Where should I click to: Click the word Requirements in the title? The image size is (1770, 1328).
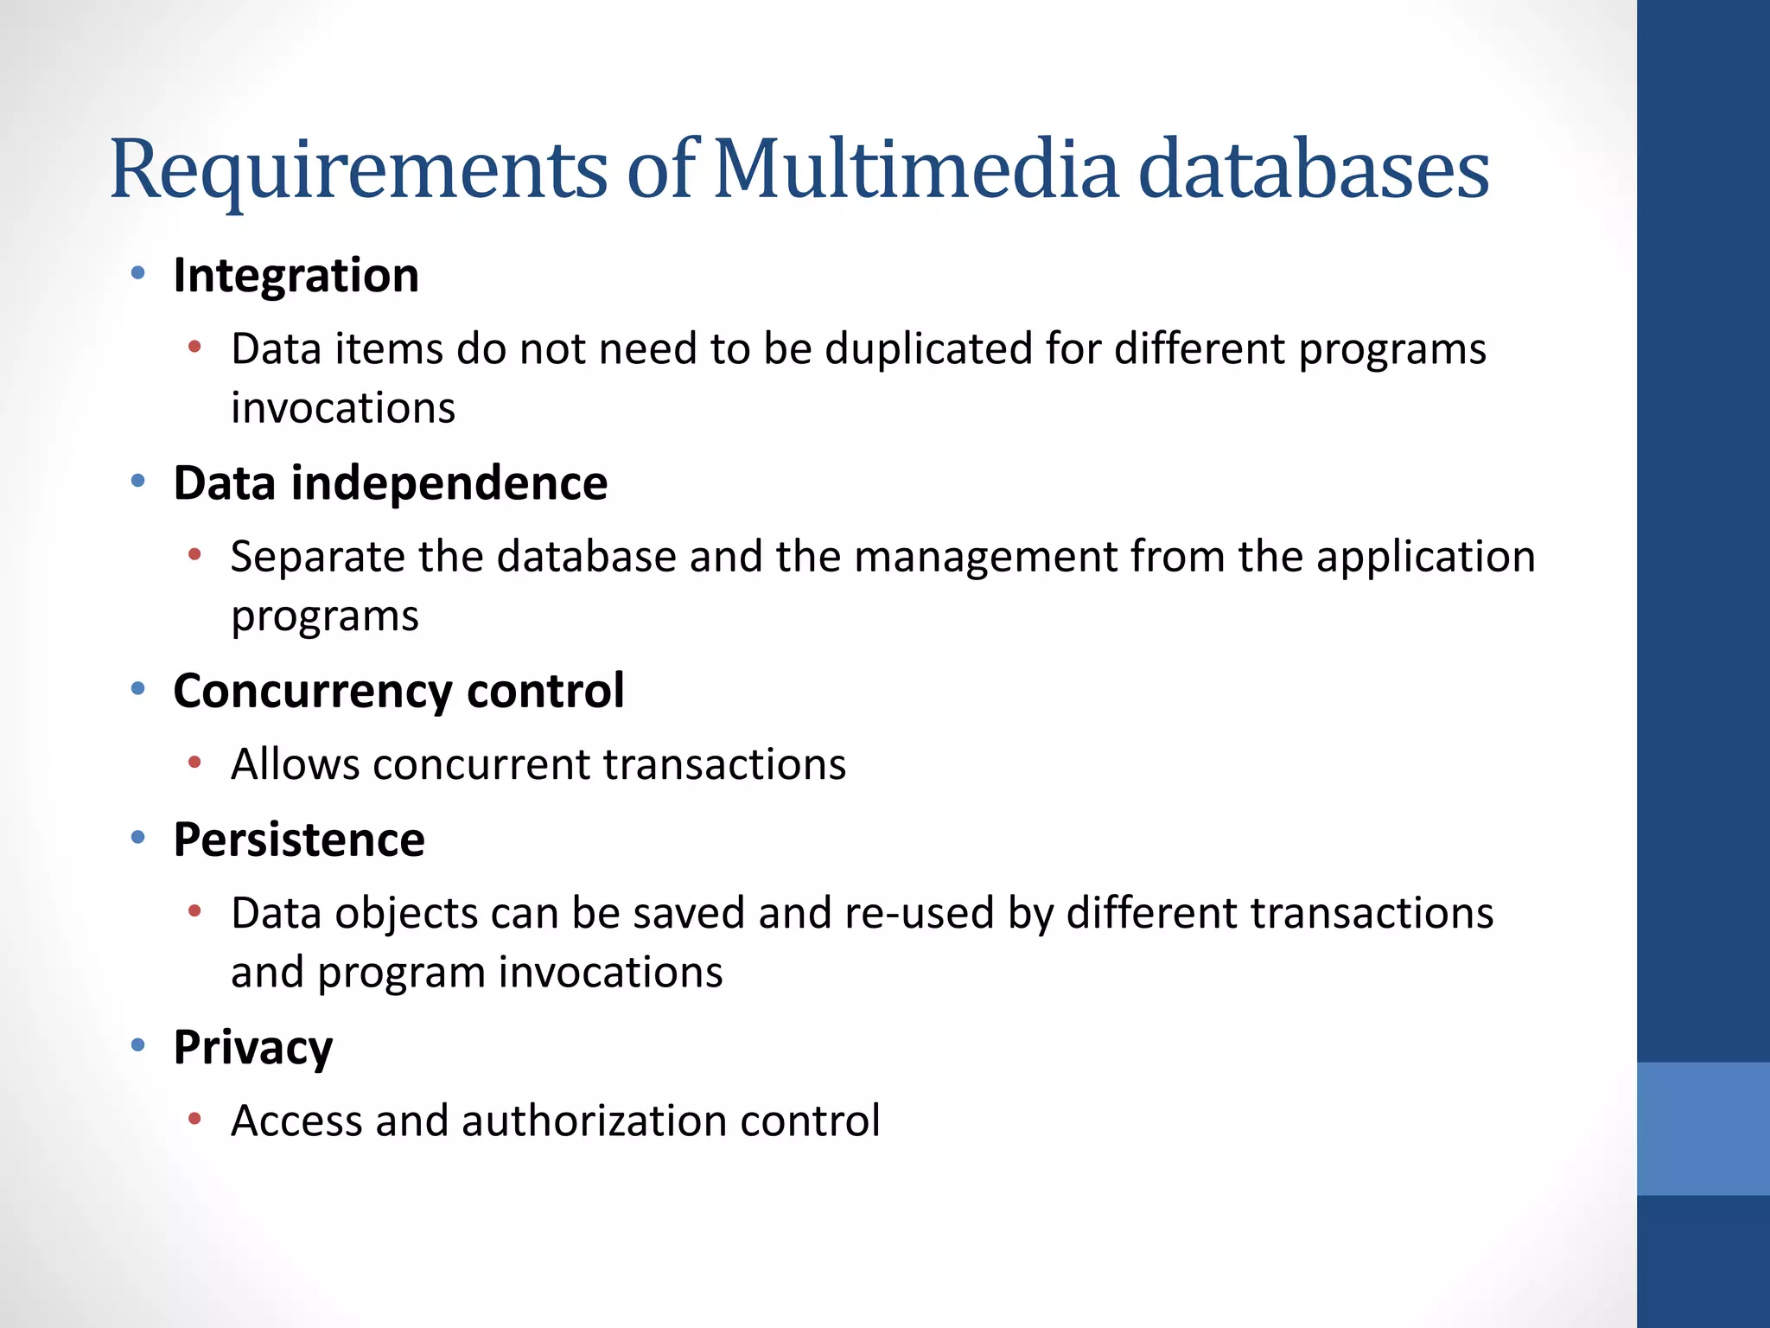pyautogui.click(x=359, y=169)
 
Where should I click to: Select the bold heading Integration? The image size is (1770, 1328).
pyautogui.click(x=296, y=276)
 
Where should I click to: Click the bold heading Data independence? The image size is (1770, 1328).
pyautogui.click(x=390, y=482)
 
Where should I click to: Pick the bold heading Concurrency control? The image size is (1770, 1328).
pyautogui.click(x=398, y=691)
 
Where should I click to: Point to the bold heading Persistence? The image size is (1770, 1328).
pyautogui.click(x=299, y=840)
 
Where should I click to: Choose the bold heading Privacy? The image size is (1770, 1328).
pyautogui.click(x=252, y=1048)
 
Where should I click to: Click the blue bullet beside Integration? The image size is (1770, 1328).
pyautogui.click(x=137, y=274)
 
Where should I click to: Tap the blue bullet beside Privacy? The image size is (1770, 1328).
pyautogui.click(x=137, y=1045)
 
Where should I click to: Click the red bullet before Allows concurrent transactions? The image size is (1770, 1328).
pyautogui.click(x=194, y=763)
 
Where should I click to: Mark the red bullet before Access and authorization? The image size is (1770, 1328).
pyautogui.click(x=194, y=1119)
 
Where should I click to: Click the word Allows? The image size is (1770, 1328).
pyautogui.click(x=295, y=765)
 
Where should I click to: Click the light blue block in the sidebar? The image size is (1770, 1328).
pyautogui.click(x=1703, y=1128)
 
